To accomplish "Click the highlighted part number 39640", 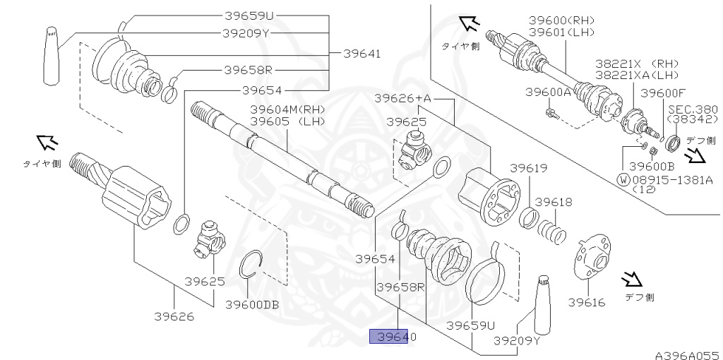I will (x=395, y=337).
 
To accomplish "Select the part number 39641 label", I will (x=362, y=53).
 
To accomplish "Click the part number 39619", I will (x=529, y=168).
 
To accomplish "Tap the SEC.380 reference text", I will (x=693, y=109).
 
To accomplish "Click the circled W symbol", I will (x=623, y=179).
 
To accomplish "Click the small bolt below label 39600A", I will (x=551, y=112).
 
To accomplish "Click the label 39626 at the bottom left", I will (x=174, y=316).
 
